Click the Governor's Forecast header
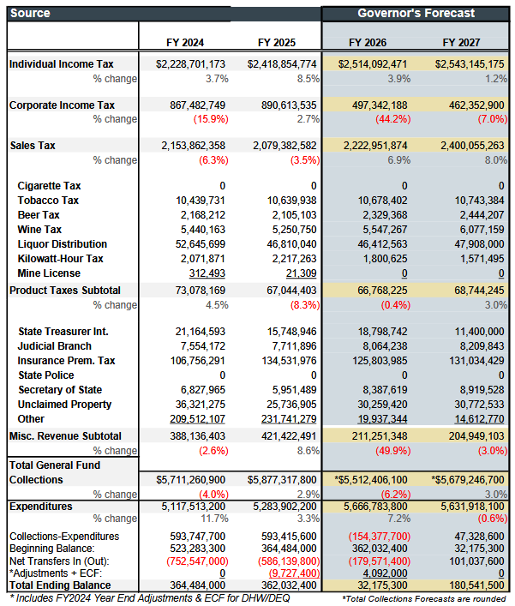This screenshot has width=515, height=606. pos(416,13)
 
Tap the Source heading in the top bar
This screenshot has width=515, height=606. pos(31,13)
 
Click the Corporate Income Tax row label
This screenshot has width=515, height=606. pos(62,105)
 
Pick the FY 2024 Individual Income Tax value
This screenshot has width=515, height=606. pos(190,64)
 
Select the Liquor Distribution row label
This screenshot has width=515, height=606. pos(62,244)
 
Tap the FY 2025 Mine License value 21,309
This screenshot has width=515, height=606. pos(299,272)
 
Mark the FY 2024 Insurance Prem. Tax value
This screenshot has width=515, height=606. pos(193,360)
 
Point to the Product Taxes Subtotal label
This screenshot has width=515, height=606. pos(65,291)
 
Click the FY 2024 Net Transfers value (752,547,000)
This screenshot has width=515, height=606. pos(189,560)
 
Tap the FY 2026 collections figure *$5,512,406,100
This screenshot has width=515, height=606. pos(368,479)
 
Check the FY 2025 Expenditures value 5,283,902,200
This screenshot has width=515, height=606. pos(280,507)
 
